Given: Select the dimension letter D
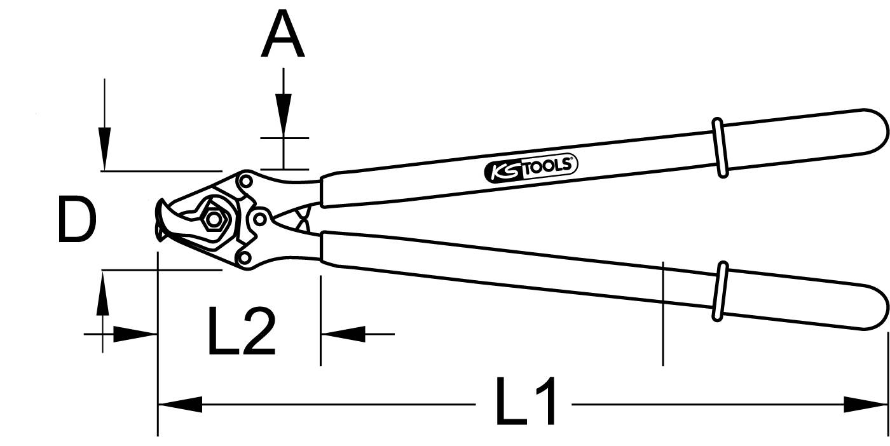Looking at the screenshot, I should [x=77, y=220].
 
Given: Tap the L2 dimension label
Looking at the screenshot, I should [x=242, y=332].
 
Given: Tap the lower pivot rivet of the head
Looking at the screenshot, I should [x=243, y=257].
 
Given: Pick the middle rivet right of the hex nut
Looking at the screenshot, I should [x=259, y=219].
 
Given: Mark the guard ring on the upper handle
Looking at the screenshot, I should [x=719, y=147].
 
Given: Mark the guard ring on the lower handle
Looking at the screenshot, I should [x=720, y=291].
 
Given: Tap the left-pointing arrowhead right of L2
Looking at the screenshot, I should [x=343, y=333].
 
